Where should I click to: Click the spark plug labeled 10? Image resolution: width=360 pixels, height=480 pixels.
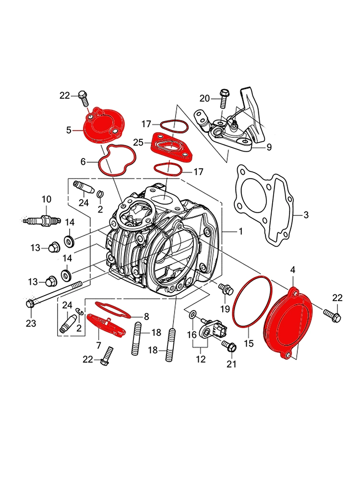pos(43,221)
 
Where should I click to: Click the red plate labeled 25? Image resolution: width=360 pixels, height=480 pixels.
pos(170,146)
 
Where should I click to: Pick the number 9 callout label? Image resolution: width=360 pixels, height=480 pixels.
pos(269,147)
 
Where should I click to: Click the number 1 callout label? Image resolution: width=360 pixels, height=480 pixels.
pos(240,231)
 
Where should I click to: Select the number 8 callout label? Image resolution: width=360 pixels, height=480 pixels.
pos(146,316)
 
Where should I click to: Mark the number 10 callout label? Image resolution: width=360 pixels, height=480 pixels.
pos(46,199)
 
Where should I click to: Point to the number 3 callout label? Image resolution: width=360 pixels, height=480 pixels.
pos(306,215)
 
